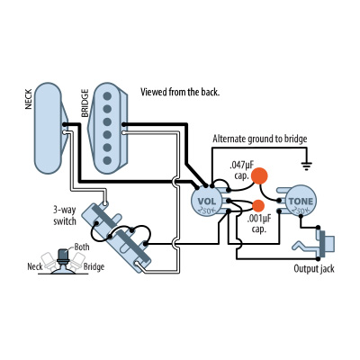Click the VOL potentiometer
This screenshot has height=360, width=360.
point(207,199)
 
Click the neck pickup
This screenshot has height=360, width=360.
point(47,126)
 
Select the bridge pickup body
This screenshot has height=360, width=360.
point(109,126)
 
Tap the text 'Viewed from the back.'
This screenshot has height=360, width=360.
point(180,93)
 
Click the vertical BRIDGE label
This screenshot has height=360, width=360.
point(85,101)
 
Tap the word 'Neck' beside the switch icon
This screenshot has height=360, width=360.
point(35,267)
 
